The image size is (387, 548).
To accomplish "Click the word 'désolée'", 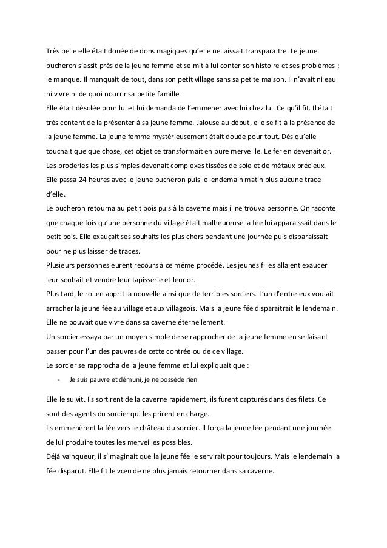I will click(x=86, y=108).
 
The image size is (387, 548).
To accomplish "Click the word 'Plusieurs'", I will click(x=62, y=266).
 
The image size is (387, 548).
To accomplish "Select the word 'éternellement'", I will click(x=196, y=323).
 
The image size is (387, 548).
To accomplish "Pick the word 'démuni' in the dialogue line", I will click(x=123, y=381).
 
